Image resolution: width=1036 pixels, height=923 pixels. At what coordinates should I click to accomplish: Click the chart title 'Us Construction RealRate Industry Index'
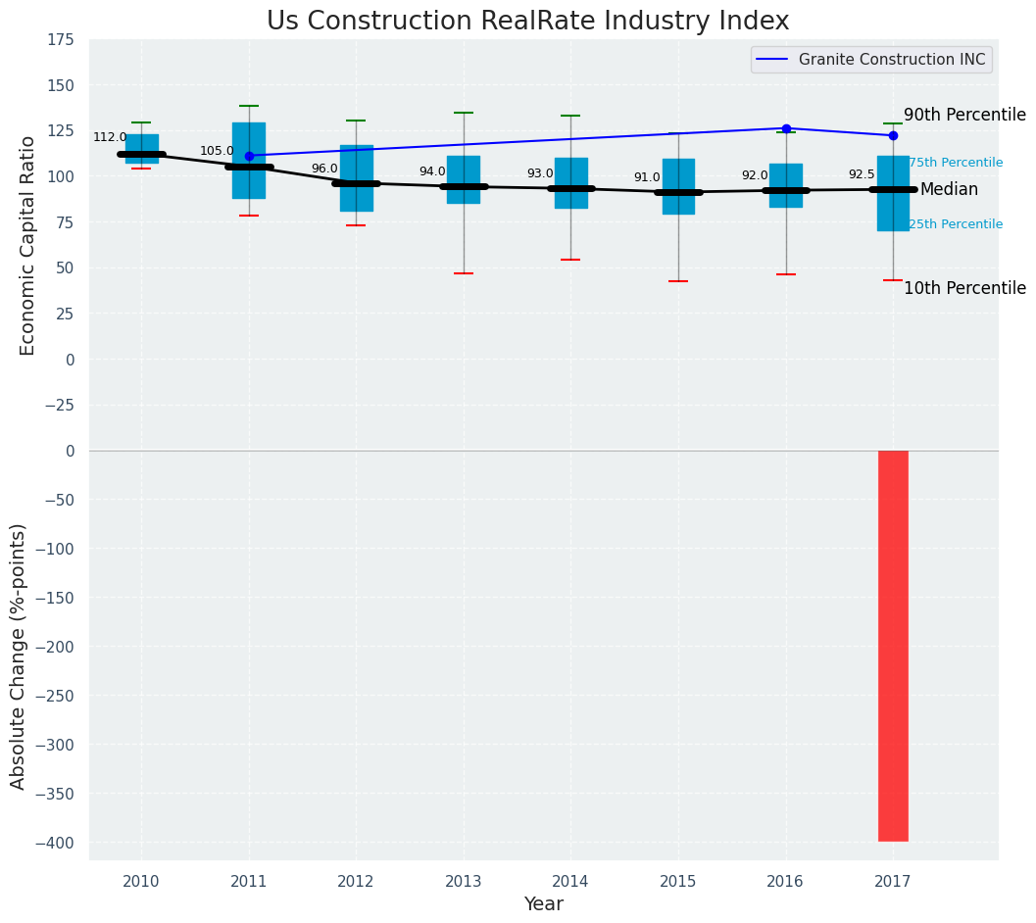527,22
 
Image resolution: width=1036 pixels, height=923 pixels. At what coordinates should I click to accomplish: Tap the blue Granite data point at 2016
786,128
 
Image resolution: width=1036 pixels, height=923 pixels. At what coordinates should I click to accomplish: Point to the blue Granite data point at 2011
249,156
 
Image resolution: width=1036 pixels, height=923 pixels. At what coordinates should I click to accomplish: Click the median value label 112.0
110,138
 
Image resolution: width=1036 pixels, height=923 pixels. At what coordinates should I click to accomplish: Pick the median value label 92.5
861,175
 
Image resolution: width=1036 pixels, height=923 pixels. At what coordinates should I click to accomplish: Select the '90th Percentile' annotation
964,116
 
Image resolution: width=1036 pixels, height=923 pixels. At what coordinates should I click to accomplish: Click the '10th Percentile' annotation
964,289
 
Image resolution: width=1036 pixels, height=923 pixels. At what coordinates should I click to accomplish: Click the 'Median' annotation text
949,190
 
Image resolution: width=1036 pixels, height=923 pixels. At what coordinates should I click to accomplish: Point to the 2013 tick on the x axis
464,882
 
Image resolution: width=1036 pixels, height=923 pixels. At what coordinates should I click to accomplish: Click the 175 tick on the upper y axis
61,40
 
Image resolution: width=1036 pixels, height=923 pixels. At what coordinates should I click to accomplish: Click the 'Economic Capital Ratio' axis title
28,245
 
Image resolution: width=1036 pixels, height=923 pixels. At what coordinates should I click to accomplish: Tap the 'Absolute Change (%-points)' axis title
19,656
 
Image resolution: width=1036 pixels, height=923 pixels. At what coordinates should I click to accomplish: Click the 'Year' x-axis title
543,904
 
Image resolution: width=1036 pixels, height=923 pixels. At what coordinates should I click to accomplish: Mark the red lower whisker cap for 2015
678,281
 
